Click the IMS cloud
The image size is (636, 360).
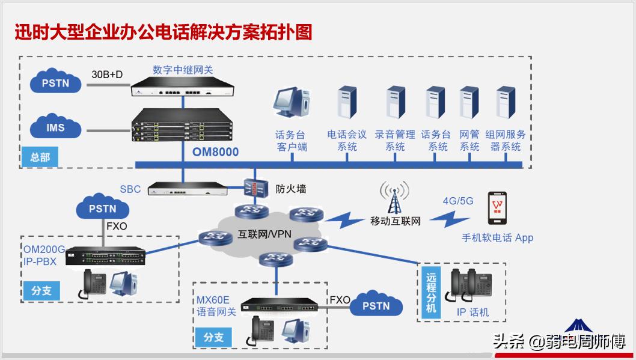pos(55,128)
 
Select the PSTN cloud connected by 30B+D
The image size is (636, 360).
pos(55,84)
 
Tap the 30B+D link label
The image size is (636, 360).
pos(108,75)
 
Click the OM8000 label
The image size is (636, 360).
pos(215,152)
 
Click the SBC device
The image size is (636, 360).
pos(190,189)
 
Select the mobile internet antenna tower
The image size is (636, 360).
pos(395,199)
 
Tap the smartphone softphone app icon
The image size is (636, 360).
pos(497,209)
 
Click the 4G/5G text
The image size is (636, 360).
pos(457,201)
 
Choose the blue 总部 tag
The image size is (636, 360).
pos(40,157)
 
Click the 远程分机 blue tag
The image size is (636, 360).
pos(430,293)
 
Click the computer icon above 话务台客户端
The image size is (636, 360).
pos(292,106)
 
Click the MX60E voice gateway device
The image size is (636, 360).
pos(280,306)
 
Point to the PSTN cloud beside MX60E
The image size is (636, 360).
pos(376,306)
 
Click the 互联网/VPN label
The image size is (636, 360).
pos(264,234)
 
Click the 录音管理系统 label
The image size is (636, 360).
pos(395,141)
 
